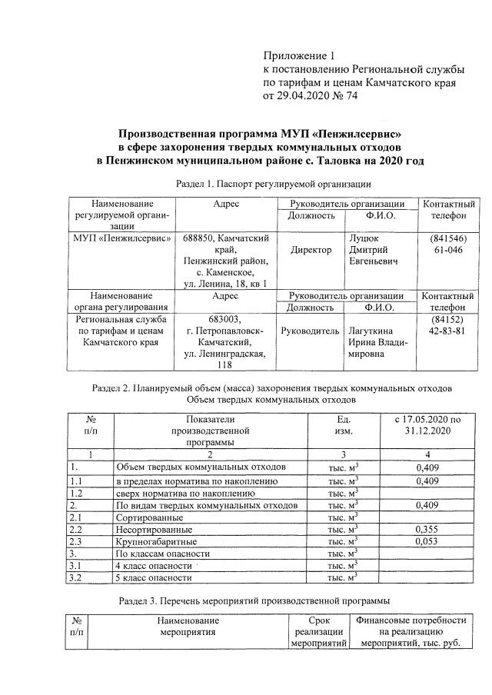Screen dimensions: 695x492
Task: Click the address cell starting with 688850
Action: coord(225,261)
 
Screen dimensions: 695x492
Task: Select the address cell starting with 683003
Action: coord(225,343)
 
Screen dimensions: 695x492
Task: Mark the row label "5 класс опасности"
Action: coord(153,577)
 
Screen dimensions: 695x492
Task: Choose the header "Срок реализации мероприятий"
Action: coord(318,631)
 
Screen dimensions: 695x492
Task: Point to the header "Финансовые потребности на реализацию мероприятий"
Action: coord(411,631)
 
